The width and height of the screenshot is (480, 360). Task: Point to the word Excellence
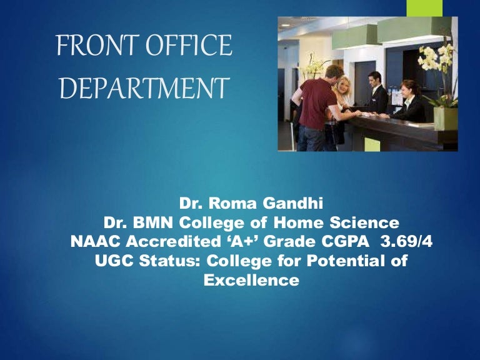(x=251, y=281)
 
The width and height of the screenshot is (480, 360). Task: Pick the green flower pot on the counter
(x=446, y=117)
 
